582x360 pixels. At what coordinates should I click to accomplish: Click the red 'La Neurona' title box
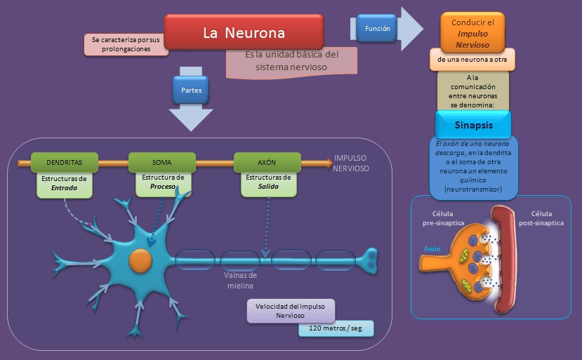244,32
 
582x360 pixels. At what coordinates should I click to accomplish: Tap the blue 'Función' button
378,29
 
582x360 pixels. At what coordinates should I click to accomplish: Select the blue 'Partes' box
191,91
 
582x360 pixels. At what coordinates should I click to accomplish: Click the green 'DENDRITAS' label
64,162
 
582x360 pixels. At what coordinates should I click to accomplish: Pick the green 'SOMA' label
161,162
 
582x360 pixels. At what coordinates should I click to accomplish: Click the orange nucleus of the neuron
140,261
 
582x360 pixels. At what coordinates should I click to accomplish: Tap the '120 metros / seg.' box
336,328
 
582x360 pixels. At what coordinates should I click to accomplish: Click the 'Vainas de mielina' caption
239,281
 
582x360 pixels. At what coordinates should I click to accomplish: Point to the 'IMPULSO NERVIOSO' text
351,164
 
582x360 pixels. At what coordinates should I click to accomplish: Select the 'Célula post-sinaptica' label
547,218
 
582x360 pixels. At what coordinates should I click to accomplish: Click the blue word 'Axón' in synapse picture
432,248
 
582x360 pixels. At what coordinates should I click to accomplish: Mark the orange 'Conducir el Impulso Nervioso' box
477,34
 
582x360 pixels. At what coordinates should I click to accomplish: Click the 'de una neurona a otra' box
472,60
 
